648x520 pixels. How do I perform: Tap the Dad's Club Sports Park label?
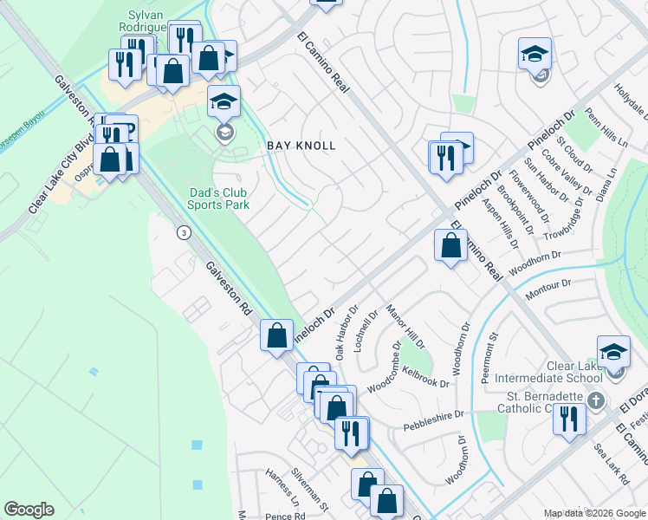[218, 198]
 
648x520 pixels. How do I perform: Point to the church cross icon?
[594, 401]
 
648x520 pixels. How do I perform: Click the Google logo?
[29, 510]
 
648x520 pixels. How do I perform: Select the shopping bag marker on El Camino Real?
[450, 246]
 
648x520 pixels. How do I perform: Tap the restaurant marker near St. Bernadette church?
[569, 420]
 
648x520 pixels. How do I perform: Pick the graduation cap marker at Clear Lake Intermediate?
[613, 351]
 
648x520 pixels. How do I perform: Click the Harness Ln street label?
[282, 502]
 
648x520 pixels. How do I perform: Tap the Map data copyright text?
[593, 513]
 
